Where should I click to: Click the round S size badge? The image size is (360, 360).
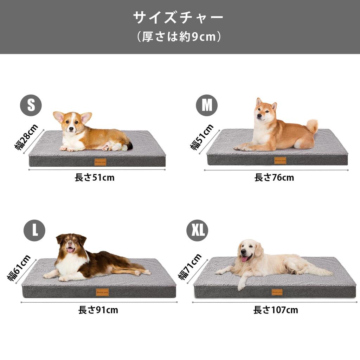tap(31, 105)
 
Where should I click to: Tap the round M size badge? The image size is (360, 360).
tap(207, 105)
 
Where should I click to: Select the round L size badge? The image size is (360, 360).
tap(34, 230)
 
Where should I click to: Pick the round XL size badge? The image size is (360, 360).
tap(197, 230)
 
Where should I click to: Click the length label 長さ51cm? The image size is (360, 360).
tap(95, 178)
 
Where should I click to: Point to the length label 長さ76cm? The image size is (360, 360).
tap(274, 178)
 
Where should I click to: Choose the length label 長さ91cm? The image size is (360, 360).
tap(98, 310)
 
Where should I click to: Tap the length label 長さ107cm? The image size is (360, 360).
tap(276, 310)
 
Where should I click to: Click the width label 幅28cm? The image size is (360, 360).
tap(26, 137)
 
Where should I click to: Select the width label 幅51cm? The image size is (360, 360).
tap(202, 137)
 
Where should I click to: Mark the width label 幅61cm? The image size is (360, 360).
tap(19, 268)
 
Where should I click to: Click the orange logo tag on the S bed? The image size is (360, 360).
tap(100, 162)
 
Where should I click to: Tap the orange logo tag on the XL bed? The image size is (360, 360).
tap(277, 292)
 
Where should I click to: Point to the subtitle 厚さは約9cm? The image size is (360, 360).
tap(179, 37)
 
